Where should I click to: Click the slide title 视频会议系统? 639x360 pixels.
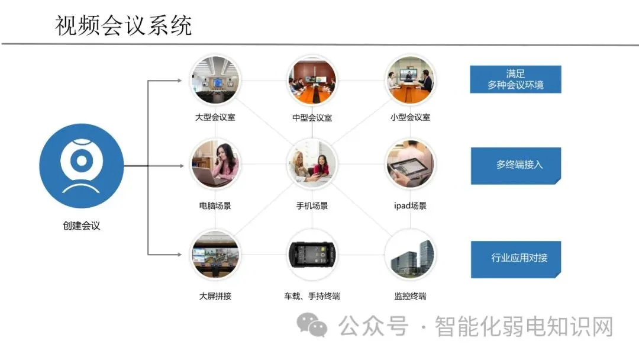coord(124,25)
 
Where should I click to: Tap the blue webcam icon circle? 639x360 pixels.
coord(82,165)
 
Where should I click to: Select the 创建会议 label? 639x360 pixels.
coord(82,226)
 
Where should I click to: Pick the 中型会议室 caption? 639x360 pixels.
coord(312,118)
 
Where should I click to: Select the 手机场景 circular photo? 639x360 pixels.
coord(312,164)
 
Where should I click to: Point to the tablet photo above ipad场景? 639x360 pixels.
coord(409,164)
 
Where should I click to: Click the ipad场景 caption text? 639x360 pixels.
coord(410,206)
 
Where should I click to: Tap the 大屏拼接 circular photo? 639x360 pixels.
coord(215,254)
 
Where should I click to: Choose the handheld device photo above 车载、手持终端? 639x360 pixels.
coord(312,254)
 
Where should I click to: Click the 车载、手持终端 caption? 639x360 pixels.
coord(312,296)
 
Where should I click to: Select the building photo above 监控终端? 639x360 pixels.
coord(409,254)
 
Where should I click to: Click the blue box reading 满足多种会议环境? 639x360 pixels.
coord(515,79)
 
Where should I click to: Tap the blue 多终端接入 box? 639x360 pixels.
coord(515,165)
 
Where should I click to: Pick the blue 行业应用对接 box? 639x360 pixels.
coord(515,259)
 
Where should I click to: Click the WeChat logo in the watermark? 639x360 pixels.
coord(312,325)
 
